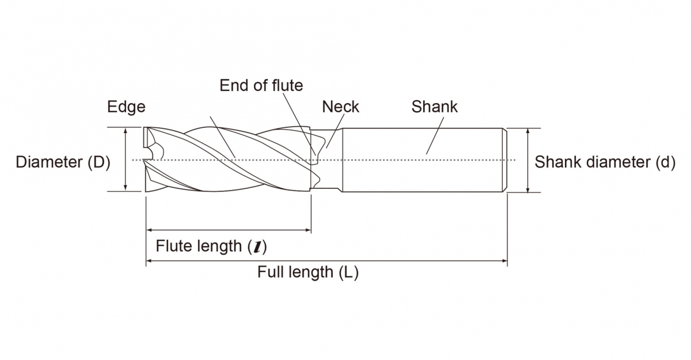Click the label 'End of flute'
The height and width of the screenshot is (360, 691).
(261, 86)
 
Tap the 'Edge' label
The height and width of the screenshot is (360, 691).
(126, 107)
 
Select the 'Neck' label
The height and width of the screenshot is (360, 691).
(340, 107)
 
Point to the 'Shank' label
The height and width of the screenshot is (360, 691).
(434, 107)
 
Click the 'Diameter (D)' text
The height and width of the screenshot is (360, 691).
(63, 162)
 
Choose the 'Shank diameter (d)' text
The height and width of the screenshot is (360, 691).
(605, 162)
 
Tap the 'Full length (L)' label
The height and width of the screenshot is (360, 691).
(307, 272)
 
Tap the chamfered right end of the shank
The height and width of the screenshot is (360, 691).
(504, 160)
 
